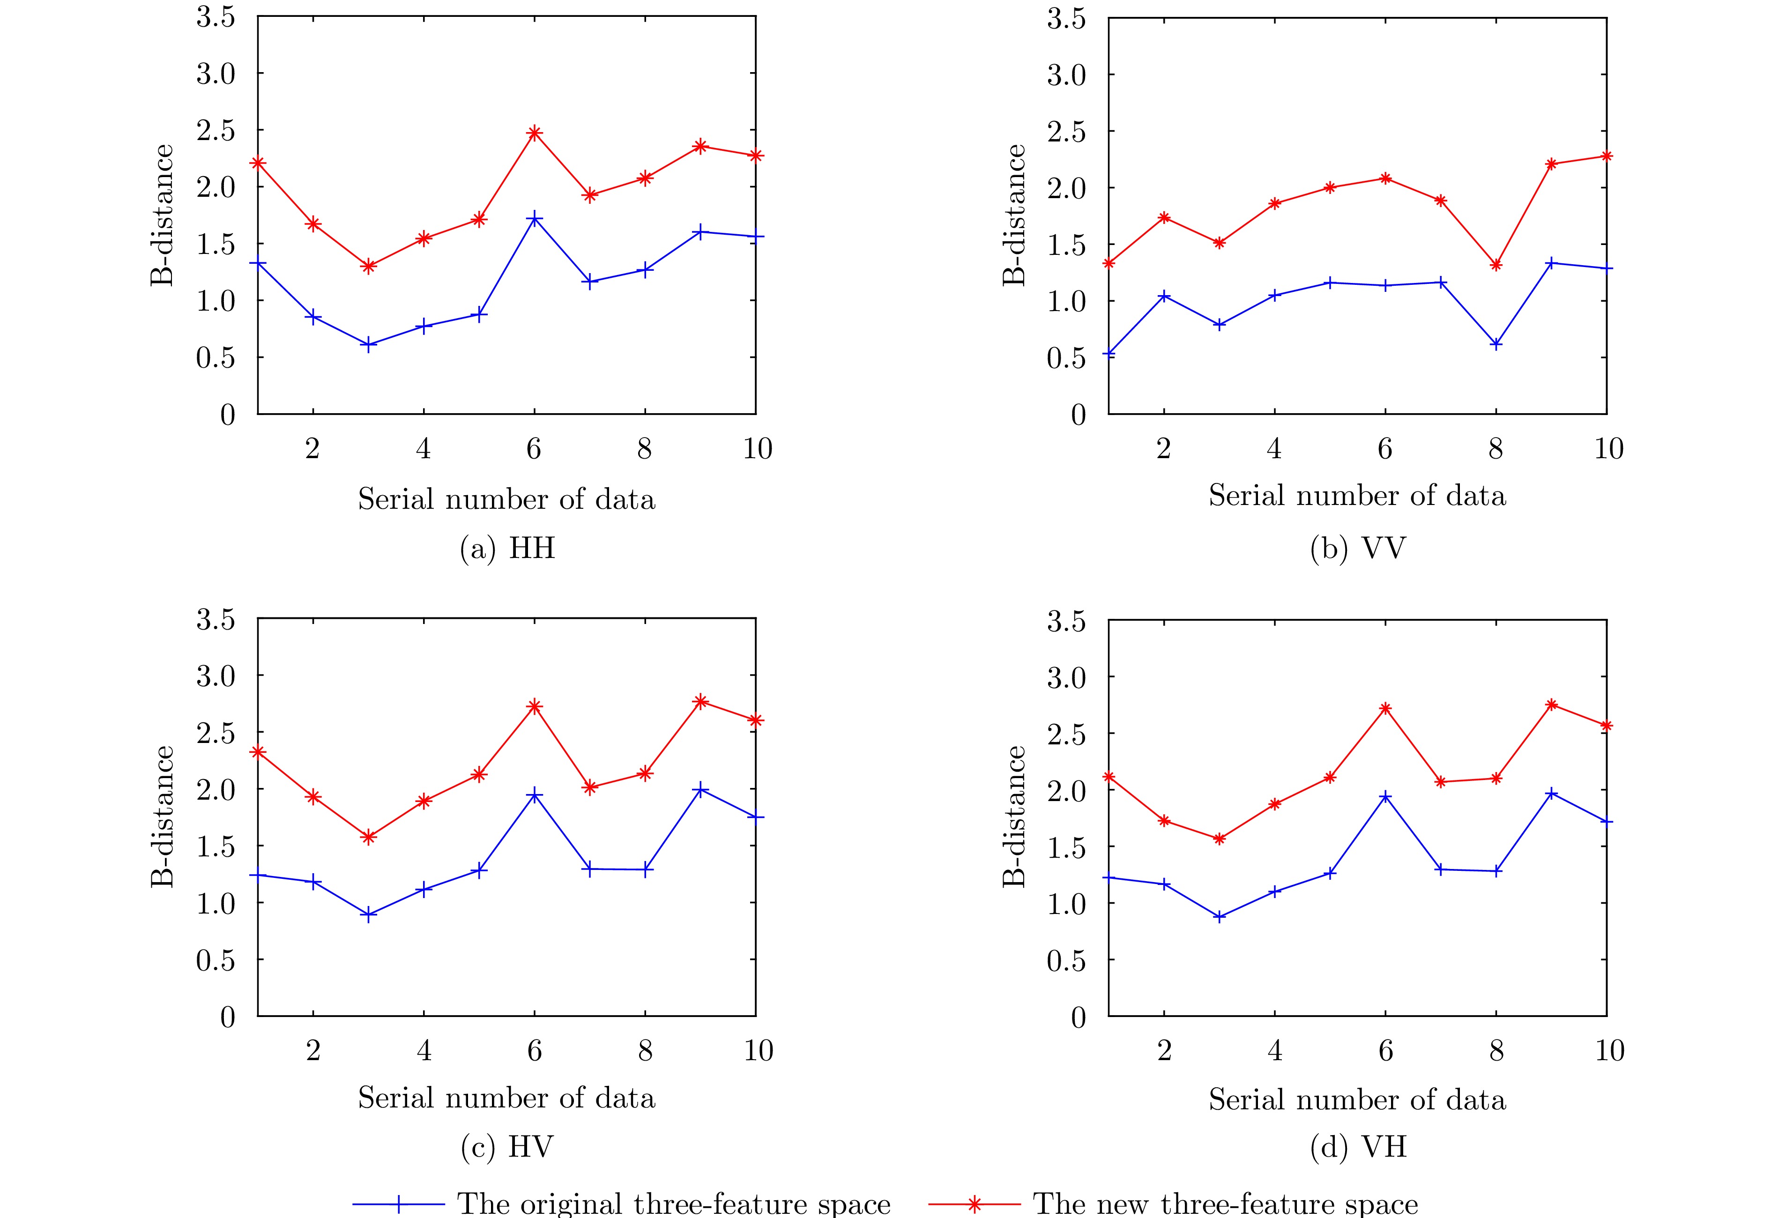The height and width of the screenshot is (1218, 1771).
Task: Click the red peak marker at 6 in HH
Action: [x=534, y=133]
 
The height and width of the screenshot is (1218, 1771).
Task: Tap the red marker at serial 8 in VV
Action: [x=1496, y=265]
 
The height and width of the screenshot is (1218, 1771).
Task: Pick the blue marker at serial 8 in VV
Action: [x=1496, y=345]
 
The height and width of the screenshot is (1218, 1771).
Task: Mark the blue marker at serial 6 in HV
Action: [x=534, y=795]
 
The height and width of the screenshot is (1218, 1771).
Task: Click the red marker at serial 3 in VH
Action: [x=1219, y=839]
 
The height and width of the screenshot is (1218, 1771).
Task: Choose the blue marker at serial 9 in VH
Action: [x=1551, y=794]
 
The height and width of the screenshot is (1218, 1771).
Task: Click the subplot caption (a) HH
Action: [x=506, y=549]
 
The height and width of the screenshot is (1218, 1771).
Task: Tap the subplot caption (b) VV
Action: [x=1357, y=549]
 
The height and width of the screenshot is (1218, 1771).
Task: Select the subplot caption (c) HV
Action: [x=506, y=1147]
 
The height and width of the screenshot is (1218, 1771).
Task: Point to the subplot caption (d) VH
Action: [x=1357, y=1147]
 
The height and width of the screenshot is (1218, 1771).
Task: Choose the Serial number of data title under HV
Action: [x=506, y=1098]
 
